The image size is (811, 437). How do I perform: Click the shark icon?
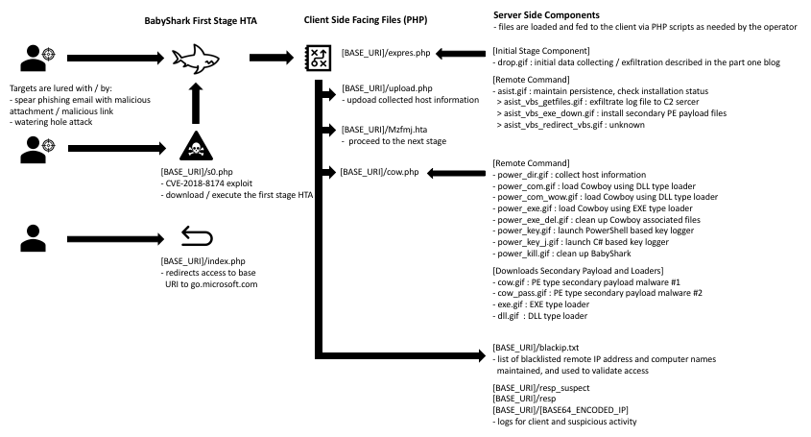(196, 58)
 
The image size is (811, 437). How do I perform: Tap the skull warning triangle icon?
(196, 146)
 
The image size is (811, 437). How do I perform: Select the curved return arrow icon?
(197, 236)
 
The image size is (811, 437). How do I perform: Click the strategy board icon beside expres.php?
(318, 58)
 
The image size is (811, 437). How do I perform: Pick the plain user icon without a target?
(33, 238)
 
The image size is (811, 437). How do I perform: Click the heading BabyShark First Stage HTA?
(201, 21)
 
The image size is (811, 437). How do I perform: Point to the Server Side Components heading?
(546, 15)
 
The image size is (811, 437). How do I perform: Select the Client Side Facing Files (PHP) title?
(366, 20)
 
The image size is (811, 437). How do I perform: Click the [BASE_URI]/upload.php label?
(387, 88)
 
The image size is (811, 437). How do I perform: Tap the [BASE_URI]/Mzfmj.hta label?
(384, 130)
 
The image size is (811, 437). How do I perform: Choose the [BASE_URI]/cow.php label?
(380, 172)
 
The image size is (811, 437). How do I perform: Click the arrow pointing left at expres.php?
(461, 54)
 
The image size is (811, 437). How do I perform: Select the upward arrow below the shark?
(196, 103)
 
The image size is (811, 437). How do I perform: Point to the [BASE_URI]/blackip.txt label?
(536, 348)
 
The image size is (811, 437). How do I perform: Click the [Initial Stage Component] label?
(541, 51)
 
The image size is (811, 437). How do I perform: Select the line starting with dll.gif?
(540, 316)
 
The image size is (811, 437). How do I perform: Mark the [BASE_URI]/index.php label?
(203, 261)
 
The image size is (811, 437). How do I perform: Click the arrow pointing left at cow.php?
(456, 174)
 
